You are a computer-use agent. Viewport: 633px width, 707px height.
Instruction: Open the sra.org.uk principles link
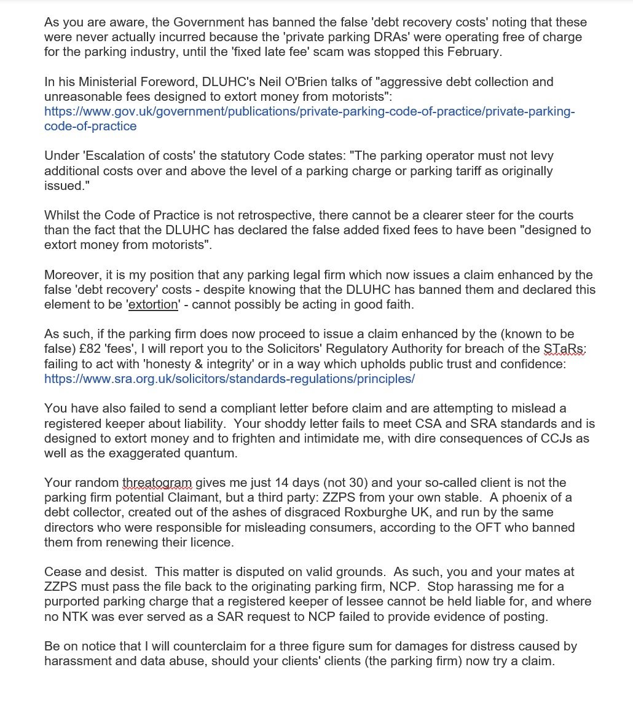pyautogui.click(x=229, y=379)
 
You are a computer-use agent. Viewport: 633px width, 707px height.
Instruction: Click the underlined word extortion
pyautogui.click(x=152, y=304)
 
